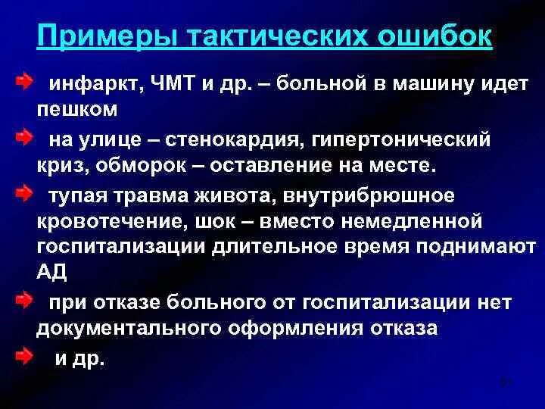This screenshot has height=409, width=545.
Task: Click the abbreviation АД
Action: [49, 272]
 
